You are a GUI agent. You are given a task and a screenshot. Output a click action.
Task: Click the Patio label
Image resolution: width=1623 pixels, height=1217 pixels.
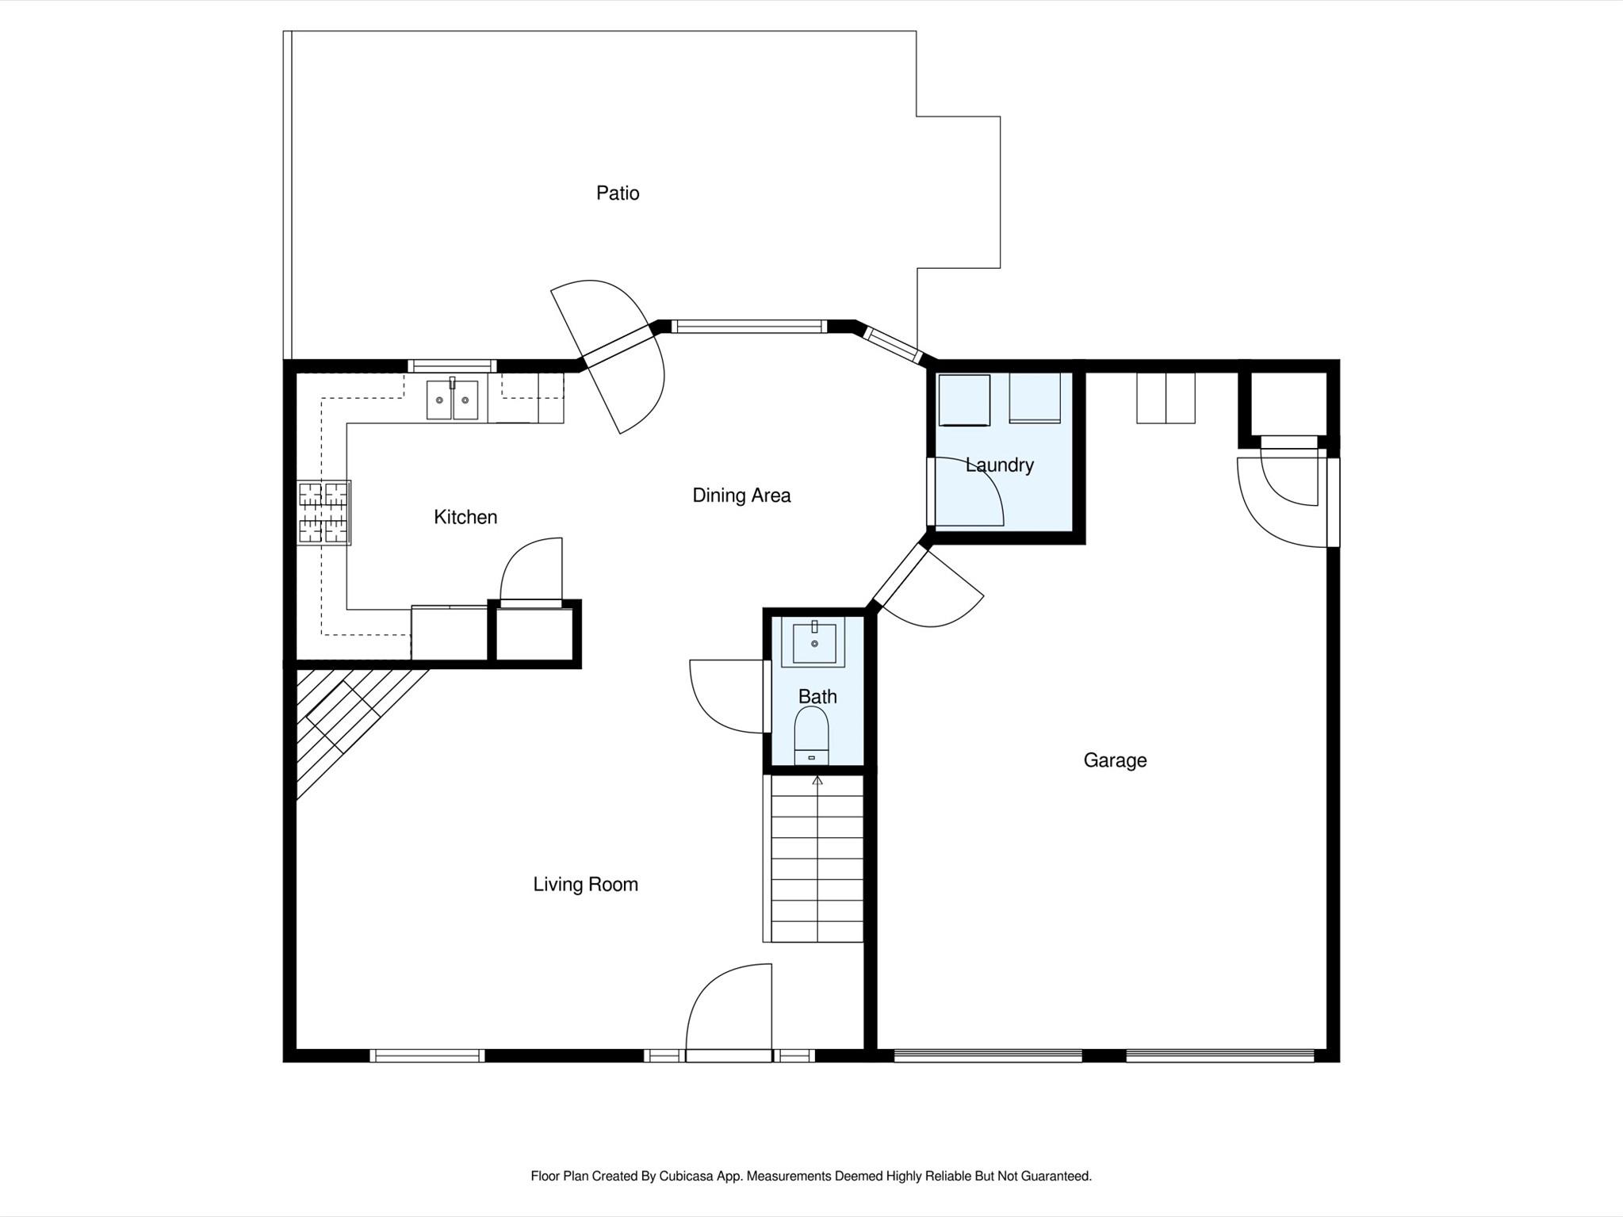coord(618,193)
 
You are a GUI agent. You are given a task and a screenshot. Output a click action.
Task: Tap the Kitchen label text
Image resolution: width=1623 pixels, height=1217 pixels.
coord(465,517)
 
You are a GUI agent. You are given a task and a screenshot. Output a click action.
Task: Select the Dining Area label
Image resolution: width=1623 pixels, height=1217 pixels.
coord(741,496)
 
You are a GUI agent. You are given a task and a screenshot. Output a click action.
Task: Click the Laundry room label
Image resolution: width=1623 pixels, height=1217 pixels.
coord(999,465)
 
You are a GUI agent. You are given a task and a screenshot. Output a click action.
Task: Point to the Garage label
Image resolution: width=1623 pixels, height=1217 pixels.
coord(1115,760)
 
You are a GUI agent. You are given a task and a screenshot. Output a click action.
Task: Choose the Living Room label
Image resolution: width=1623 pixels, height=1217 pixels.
coord(585,884)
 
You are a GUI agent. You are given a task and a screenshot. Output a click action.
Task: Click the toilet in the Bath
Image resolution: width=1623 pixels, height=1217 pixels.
coord(811,733)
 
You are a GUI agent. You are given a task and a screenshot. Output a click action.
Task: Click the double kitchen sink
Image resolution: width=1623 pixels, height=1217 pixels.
coord(452,400)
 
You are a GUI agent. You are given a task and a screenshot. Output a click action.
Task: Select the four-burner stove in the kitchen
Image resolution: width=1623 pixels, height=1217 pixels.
coord(323,512)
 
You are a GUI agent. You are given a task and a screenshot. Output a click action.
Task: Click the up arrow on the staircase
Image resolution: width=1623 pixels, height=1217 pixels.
coord(817,781)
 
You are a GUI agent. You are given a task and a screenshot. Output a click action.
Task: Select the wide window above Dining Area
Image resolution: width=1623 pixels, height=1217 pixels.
coord(748,326)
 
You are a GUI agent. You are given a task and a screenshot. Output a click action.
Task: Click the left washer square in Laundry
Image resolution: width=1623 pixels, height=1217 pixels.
coord(964,400)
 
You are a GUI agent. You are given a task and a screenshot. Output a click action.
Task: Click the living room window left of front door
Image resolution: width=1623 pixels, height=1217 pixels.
coord(427,1055)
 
